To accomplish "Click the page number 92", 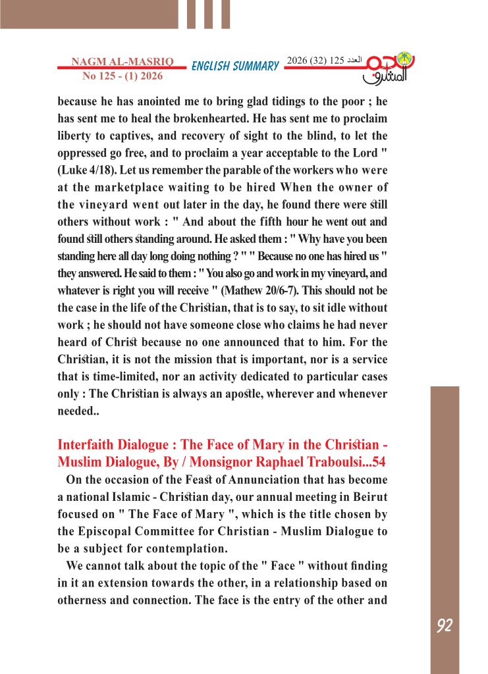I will click(x=445, y=626).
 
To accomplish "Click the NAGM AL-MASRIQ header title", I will click(x=122, y=62).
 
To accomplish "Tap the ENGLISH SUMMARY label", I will click(x=235, y=66).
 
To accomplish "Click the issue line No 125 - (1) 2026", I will click(x=122, y=76).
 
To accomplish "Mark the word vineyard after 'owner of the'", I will click(x=97, y=205).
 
